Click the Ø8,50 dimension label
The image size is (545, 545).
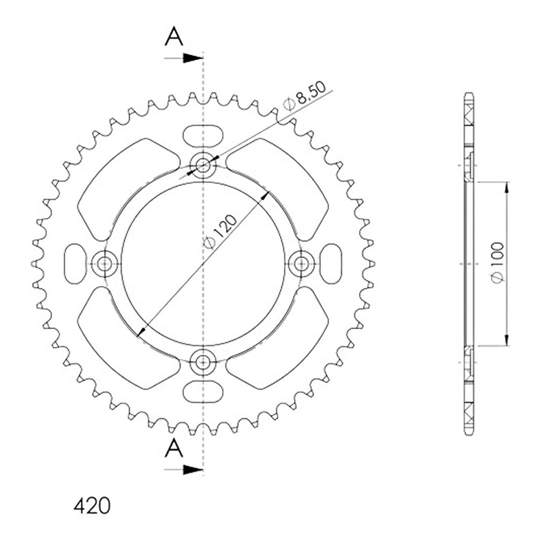305,95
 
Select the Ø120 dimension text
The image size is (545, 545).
220,232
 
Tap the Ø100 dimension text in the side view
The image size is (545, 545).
497,263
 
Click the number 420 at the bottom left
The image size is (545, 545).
92,505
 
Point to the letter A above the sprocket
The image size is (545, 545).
174,37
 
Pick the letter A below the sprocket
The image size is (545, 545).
174,448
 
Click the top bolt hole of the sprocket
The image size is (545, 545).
203,165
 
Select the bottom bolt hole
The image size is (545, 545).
203,362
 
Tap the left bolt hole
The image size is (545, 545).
104,264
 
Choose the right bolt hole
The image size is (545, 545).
302,264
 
